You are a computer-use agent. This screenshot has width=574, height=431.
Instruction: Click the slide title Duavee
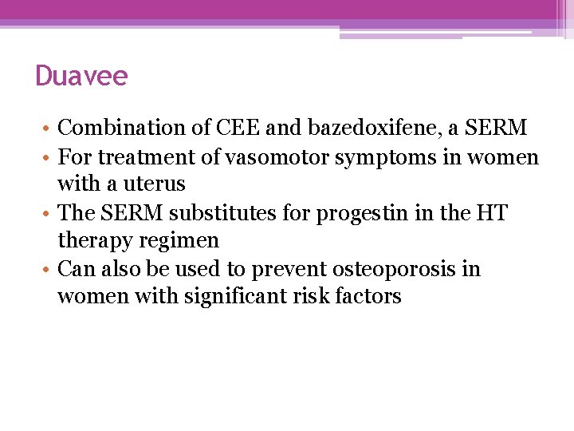(x=81, y=77)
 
